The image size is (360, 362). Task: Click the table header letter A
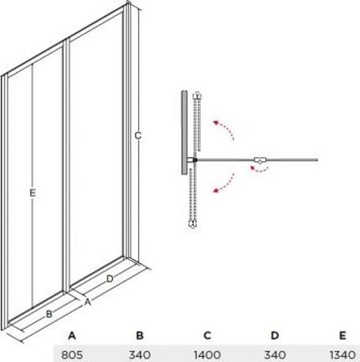coord(72,335)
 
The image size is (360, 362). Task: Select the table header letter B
coord(140,335)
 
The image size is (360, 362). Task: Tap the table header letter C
coord(207,335)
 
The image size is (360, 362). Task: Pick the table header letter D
coord(275,335)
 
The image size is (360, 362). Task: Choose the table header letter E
coord(343,335)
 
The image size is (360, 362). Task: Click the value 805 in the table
coord(72,355)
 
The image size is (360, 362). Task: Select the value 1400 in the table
coord(207,355)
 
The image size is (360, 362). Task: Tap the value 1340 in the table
coord(343,355)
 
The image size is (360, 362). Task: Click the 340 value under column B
coord(140,355)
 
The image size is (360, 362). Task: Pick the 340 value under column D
coord(275,355)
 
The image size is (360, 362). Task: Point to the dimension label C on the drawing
coord(138,136)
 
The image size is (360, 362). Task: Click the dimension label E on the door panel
coord(32,193)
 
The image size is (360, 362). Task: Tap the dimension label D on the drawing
coord(110,279)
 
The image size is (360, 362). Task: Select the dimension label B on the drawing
coord(49,314)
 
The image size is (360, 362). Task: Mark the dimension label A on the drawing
coord(88,302)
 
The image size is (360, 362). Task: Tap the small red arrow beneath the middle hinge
coord(259,170)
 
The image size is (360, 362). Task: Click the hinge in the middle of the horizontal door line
coord(260,160)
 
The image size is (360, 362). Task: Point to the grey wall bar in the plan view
coord(184,133)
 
